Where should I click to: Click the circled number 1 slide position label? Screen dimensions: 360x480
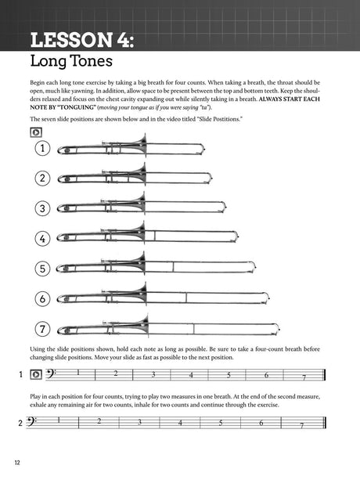[x=42, y=149]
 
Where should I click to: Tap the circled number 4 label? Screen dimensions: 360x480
[x=42, y=239]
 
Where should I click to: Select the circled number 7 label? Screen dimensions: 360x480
[x=42, y=329]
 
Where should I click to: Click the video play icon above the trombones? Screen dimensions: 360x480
[x=36, y=132]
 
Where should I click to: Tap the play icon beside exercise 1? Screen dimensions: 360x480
[x=36, y=374]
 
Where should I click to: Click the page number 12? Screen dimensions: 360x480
[x=17, y=463]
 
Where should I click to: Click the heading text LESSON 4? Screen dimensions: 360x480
[x=82, y=40]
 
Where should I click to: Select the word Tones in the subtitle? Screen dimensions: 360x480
[x=92, y=60]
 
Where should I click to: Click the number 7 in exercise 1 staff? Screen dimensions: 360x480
[x=304, y=377]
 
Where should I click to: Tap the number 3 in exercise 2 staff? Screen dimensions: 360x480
[x=139, y=422]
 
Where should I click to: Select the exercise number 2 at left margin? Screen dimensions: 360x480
[x=20, y=423]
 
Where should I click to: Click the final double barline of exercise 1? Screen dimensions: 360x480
[x=324, y=375]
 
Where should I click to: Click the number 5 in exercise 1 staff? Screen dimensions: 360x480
[x=229, y=375]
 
